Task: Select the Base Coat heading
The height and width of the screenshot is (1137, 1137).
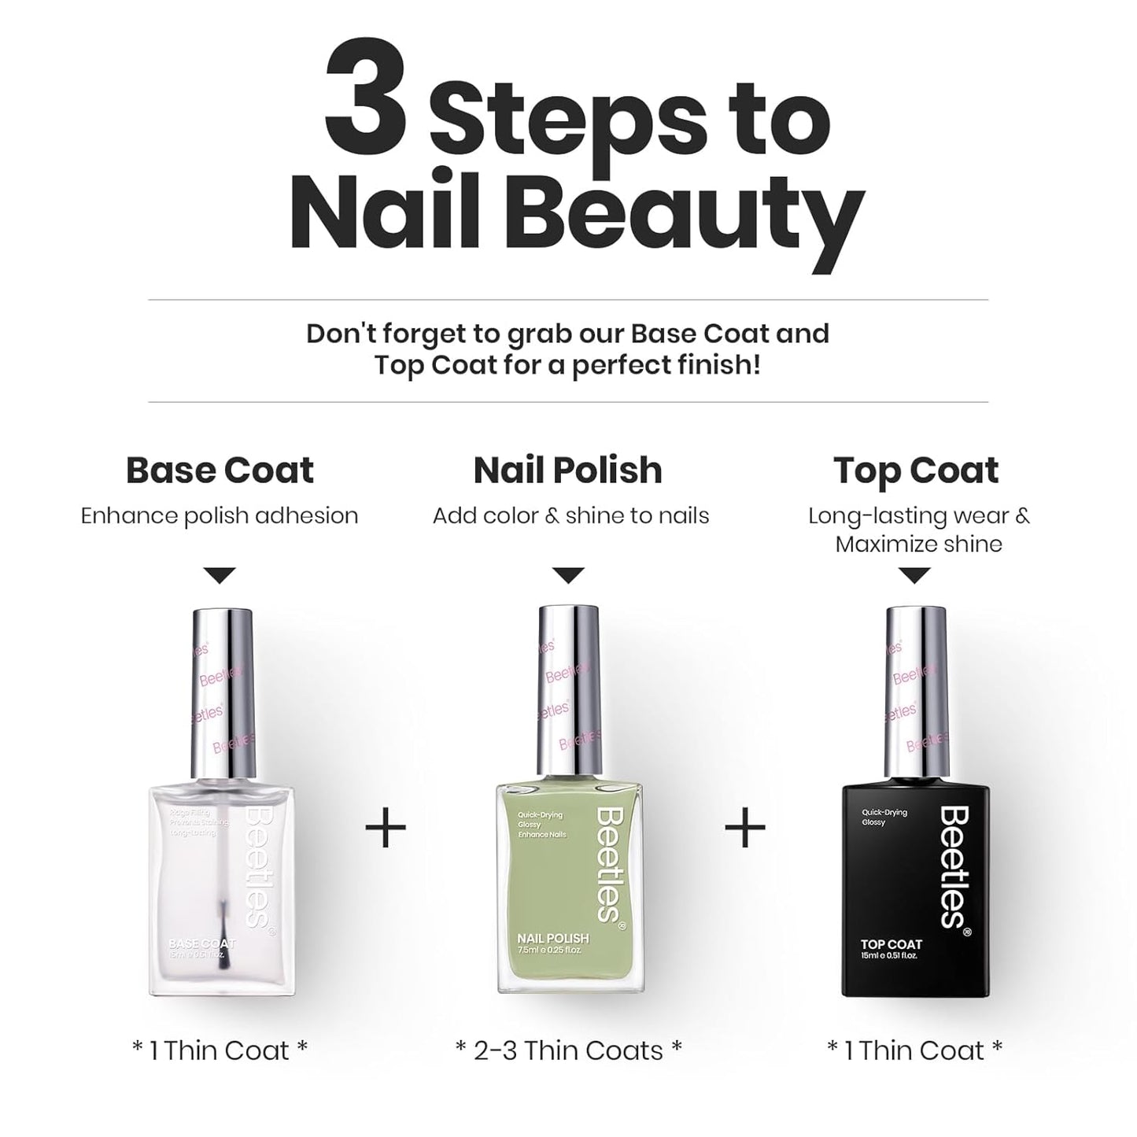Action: [x=220, y=471]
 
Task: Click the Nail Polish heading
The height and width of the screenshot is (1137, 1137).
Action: [x=567, y=471]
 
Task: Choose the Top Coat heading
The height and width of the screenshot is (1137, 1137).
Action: [x=916, y=471]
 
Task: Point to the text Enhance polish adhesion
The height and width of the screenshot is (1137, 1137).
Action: [x=220, y=516]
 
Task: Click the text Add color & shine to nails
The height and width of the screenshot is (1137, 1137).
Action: [x=570, y=516]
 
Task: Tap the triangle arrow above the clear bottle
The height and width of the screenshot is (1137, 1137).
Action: [x=220, y=575]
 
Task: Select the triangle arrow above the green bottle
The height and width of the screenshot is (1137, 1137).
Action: [x=568, y=575]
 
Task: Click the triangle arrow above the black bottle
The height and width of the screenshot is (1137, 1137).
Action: [x=914, y=575]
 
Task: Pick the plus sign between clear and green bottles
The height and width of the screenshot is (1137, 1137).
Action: [x=386, y=828]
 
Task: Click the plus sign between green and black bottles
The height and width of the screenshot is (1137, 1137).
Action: [x=744, y=828]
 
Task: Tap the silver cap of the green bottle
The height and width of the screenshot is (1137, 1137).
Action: [x=568, y=692]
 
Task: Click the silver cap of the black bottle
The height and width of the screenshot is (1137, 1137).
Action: [x=916, y=692]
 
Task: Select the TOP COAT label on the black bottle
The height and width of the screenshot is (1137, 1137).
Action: [x=891, y=944]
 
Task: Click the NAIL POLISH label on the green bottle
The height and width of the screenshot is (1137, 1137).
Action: [x=552, y=938]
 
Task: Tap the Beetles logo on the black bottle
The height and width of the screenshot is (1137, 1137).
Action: [x=954, y=866]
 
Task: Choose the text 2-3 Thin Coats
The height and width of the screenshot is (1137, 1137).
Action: [x=568, y=1050]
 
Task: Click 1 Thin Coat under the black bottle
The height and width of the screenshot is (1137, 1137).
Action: [x=914, y=1050]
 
